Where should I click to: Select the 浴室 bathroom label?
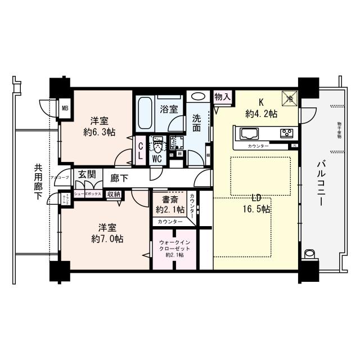click(x=169, y=108)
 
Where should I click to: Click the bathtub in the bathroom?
click(x=145, y=114)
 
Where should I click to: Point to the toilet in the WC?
click(x=158, y=147)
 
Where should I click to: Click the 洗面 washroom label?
click(x=197, y=123)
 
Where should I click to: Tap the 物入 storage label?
click(x=222, y=96)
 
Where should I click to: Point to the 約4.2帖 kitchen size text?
click(x=260, y=114)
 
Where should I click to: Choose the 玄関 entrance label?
click(x=87, y=174)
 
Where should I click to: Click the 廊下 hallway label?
click(x=119, y=178)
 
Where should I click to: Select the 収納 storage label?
click(x=114, y=194)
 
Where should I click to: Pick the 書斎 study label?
click(x=170, y=200)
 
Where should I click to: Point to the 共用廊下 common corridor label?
click(x=38, y=181)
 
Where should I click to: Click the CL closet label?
click(x=141, y=150)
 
